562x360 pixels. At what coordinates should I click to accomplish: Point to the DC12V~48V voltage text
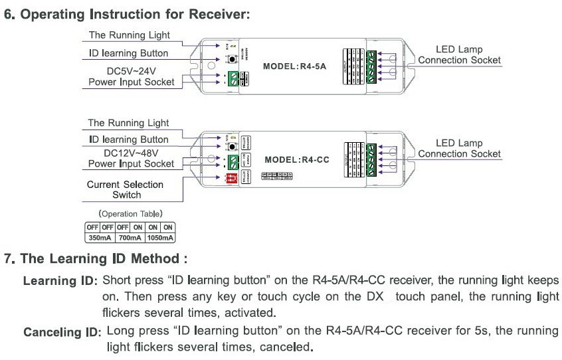point(132,152)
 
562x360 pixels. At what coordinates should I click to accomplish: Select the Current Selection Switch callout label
point(125,189)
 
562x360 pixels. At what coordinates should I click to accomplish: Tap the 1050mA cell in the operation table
point(159,237)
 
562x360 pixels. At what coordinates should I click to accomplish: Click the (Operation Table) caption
point(130,214)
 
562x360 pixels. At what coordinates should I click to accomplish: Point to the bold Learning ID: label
point(60,281)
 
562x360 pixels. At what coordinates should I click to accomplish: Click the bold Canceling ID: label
point(61,331)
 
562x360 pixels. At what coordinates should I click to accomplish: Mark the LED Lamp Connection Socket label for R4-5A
point(459,55)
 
